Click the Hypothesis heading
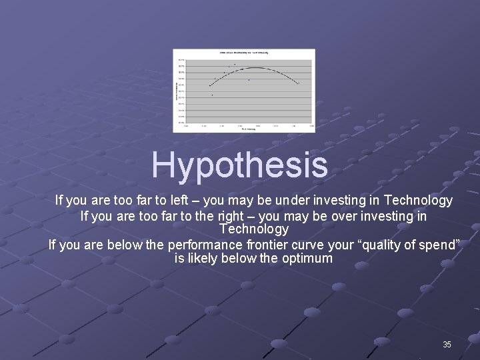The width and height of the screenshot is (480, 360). pyautogui.click(x=239, y=165)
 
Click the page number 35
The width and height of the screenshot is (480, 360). pyautogui.click(x=447, y=345)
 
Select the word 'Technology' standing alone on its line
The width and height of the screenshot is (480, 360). pyautogui.click(x=253, y=229)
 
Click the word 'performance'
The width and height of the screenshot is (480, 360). pyautogui.click(x=205, y=245)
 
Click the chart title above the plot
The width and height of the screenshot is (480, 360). pyautogui.click(x=245, y=53)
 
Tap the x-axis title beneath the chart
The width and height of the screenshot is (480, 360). pyautogui.click(x=248, y=129)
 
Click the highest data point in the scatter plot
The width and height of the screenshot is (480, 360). pyautogui.click(x=235, y=64)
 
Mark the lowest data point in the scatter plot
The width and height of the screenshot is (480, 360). pyautogui.click(x=213, y=95)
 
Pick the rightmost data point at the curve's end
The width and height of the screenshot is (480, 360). pyautogui.click(x=298, y=83)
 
